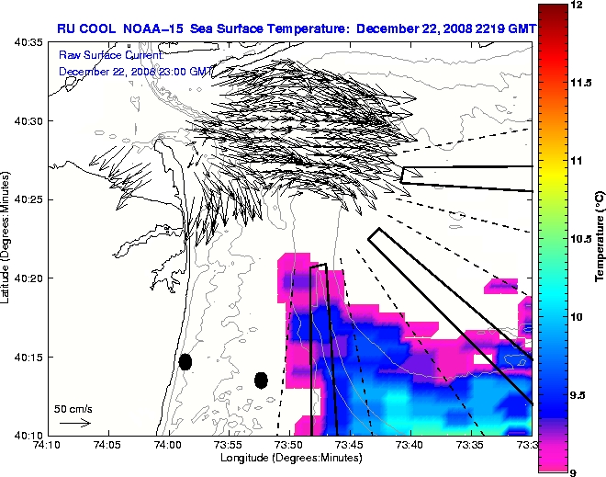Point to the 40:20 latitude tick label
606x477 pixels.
coord(29,278)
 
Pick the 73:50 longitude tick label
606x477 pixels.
coord(288,445)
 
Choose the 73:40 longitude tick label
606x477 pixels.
coord(410,445)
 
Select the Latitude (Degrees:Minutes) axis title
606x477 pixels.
coord(7,238)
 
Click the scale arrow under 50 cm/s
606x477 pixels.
coord(73,423)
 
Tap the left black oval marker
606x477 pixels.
coord(185,361)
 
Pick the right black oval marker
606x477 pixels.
coord(261,380)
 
